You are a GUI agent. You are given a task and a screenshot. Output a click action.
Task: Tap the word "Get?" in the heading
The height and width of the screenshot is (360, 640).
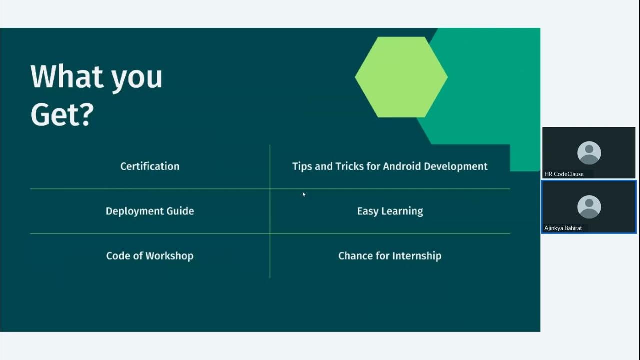[62, 114]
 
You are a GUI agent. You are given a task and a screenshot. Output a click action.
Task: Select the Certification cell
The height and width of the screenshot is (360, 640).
[150, 166]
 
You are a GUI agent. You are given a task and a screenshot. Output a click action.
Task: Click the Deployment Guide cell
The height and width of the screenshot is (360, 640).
[150, 211]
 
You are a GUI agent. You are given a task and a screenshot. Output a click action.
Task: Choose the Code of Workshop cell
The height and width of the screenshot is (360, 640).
[150, 256]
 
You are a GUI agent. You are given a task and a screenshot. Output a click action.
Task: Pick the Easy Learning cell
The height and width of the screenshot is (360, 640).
[390, 211]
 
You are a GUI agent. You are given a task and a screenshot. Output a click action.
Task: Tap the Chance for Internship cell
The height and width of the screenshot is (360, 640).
[390, 256]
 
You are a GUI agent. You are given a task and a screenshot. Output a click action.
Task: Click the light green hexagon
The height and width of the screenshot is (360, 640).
[401, 77]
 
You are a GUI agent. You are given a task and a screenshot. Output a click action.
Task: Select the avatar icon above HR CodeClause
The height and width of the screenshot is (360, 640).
[589, 153]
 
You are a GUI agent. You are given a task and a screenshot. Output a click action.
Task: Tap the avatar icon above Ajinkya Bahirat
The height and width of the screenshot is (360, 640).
[589, 206]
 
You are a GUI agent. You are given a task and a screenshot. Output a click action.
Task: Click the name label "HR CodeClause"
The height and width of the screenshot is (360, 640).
[564, 174]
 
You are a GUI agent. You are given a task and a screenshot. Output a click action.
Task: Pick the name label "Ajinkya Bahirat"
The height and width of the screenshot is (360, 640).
[563, 228]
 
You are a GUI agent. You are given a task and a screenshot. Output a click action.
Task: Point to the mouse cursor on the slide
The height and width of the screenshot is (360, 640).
[303, 194]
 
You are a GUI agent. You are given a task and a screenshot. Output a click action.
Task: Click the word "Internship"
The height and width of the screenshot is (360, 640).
[416, 256]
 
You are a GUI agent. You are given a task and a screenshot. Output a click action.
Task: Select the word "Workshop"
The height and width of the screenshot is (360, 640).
[170, 256]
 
